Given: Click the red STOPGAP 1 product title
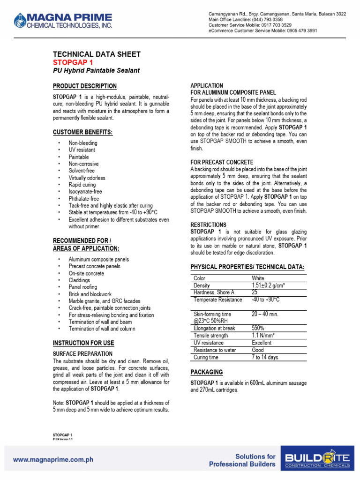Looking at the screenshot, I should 74,62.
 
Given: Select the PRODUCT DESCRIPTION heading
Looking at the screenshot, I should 85,86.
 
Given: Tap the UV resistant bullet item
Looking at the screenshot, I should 82,150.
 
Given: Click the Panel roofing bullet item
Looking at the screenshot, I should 83,287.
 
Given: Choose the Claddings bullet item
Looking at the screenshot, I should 80,280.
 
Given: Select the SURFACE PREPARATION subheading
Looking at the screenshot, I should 82,353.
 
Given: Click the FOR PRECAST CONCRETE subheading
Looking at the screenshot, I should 221,162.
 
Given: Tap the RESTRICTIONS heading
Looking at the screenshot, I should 208,225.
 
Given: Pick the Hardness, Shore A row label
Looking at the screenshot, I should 214,292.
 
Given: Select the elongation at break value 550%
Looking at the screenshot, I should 258,329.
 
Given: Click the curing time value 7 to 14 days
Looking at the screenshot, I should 265,358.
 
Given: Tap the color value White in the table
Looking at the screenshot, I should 258,278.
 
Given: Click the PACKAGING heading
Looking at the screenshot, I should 207,372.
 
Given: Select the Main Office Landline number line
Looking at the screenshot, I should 252,20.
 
